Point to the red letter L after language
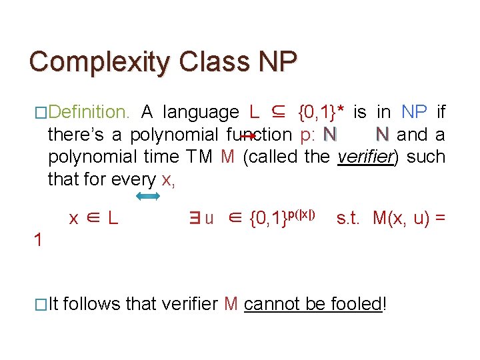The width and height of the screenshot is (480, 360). [254, 112]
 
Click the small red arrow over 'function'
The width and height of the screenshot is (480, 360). [248, 135]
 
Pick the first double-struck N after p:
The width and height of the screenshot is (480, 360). [330, 135]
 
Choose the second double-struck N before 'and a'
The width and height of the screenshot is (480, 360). [381, 135]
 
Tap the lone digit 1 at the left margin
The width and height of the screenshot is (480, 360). [39, 241]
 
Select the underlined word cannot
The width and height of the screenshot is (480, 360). [273, 304]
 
